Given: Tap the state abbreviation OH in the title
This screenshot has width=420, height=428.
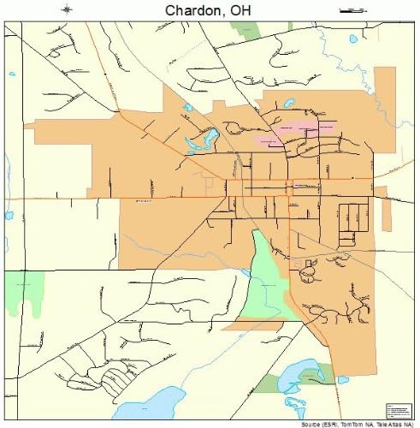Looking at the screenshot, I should click(247, 10).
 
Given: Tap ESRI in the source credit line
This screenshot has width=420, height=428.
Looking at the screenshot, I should click(328, 424).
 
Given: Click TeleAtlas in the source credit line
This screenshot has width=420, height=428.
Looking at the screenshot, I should click(393, 424).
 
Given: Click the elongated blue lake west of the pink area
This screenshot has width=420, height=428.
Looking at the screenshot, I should click(208, 137).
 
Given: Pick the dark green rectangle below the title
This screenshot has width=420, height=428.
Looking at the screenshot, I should click(245, 32).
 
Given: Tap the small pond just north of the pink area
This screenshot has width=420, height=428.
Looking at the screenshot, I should click(289, 103).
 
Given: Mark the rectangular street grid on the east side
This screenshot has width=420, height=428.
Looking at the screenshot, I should click(351, 224).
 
